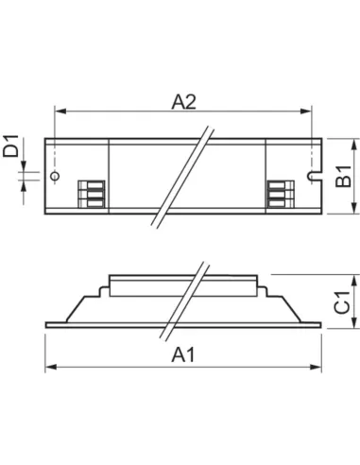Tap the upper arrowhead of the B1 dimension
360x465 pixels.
(x=353, y=142)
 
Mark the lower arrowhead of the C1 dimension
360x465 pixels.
(x=353, y=325)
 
